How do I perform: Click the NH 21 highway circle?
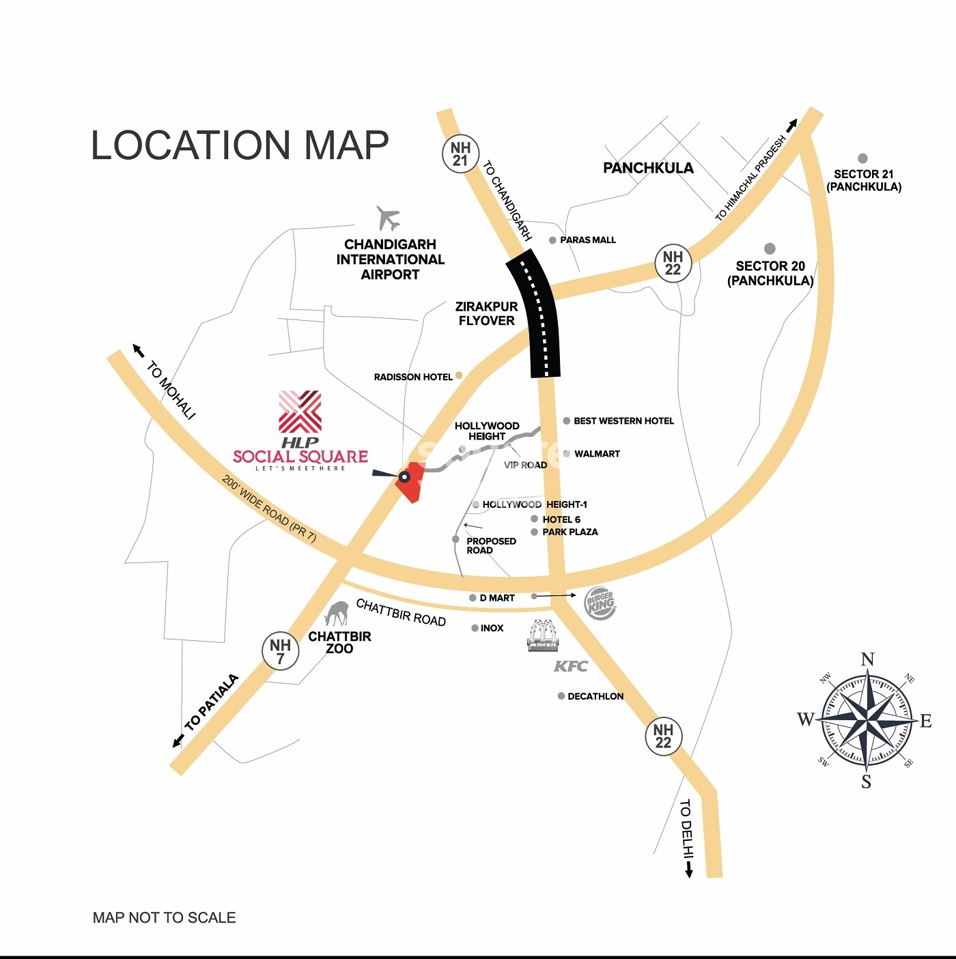(460, 154)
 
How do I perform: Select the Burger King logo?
(600, 603)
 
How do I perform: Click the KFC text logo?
(570, 666)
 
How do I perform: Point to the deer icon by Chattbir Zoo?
(336, 614)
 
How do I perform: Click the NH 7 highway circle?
(280, 651)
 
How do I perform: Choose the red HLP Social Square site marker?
(411, 482)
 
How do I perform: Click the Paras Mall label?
(587, 240)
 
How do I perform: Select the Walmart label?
(597, 454)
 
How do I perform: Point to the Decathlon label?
(595, 696)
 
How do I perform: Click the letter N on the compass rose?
(867, 659)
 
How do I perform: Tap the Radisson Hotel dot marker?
(459, 375)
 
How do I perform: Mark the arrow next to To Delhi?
(689, 870)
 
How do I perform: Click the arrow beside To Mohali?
(139, 351)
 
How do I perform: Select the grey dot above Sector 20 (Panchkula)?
(770, 248)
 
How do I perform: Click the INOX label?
(492, 628)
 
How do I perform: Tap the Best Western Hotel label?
(623, 421)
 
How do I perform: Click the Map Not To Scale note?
(164, 918)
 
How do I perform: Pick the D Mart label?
(496, 598)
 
